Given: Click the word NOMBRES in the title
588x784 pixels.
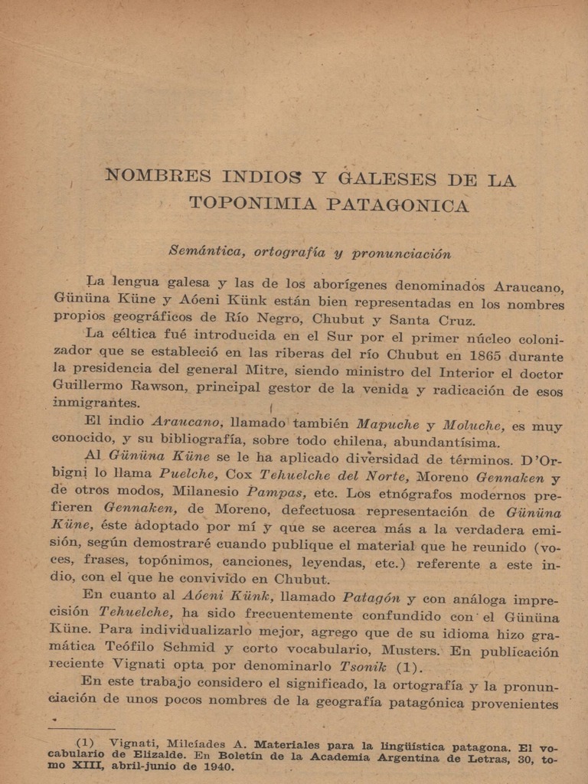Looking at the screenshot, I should click(158, 175).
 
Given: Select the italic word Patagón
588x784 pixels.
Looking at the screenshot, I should click(371, 598).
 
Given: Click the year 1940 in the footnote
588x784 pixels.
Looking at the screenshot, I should click(217, 766).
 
